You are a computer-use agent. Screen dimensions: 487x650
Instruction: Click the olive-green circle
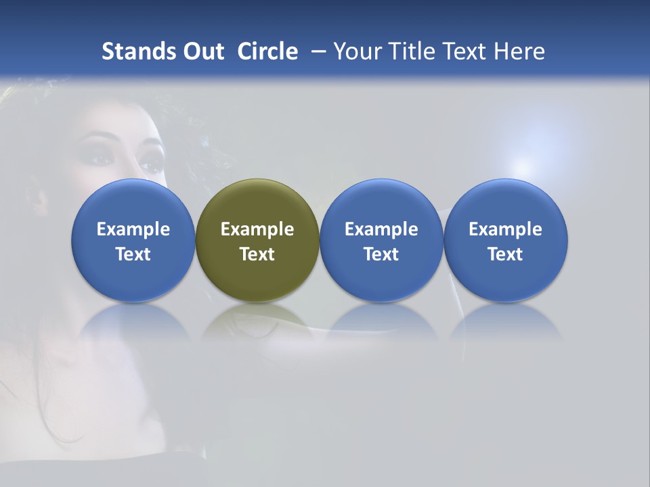[257, 240]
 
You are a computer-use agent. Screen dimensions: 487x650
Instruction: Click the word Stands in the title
[139, 51]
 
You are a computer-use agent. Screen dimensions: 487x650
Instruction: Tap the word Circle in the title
[267, 51]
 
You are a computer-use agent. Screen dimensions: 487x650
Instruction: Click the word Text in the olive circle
[257, 254]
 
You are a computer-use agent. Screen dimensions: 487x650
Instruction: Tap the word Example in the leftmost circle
[133, 229]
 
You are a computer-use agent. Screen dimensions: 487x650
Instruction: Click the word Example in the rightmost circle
[505, 229]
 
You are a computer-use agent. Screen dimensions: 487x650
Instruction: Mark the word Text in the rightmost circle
[505, 254]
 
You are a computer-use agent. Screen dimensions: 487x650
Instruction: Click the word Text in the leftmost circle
[133, 254]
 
